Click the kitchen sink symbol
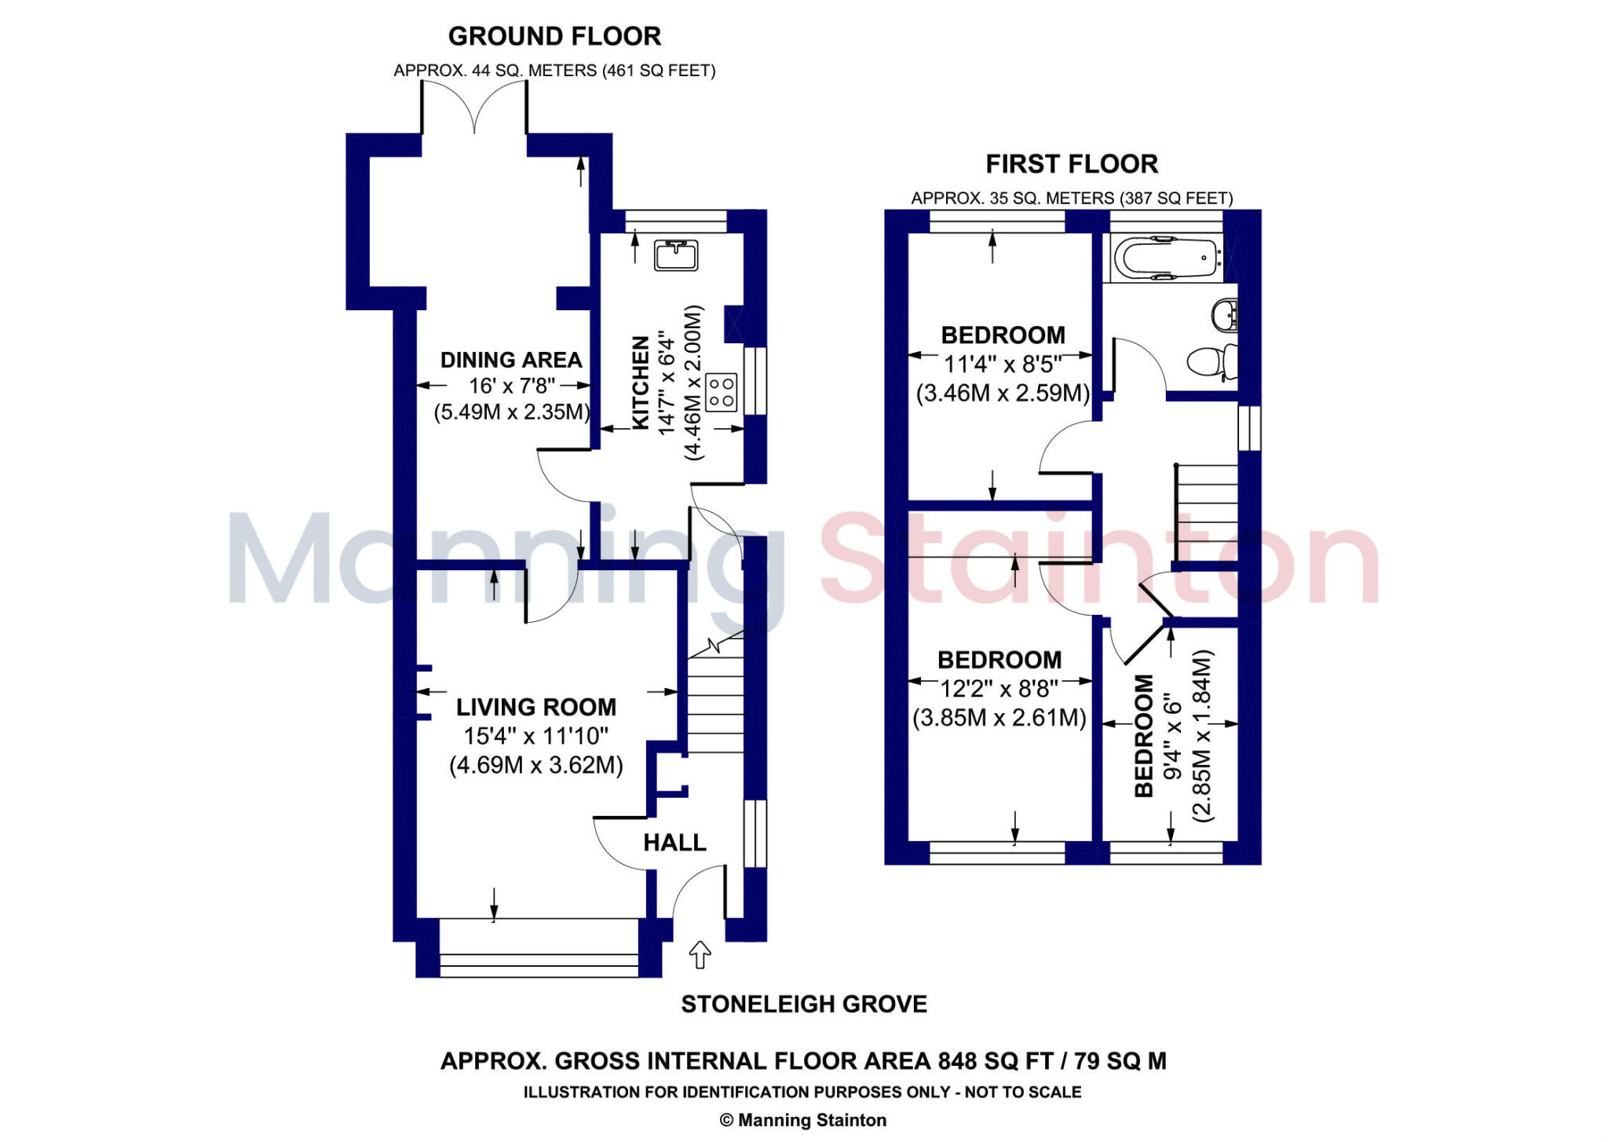(x=676, y=255)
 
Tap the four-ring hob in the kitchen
(x=722, y=393)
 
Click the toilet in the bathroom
(x=1211, y=362)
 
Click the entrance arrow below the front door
(x=700, y=954)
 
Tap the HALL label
(x=674, y=843)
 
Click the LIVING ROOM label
(x=536, y=707)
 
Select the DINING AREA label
(x=511, y=360)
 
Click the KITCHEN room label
(x=641, y=382)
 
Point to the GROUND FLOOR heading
(x=554, y=36)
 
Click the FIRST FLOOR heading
(x=1072, y=164)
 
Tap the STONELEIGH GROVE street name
(x=804, y=1004)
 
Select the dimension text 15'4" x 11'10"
(x=536, y=736)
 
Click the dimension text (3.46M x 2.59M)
(x=1003, y=393)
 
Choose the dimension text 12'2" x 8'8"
(x=1000, y=689)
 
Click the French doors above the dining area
(x=474, y=110)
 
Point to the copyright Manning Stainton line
(x=803, y=1120)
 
